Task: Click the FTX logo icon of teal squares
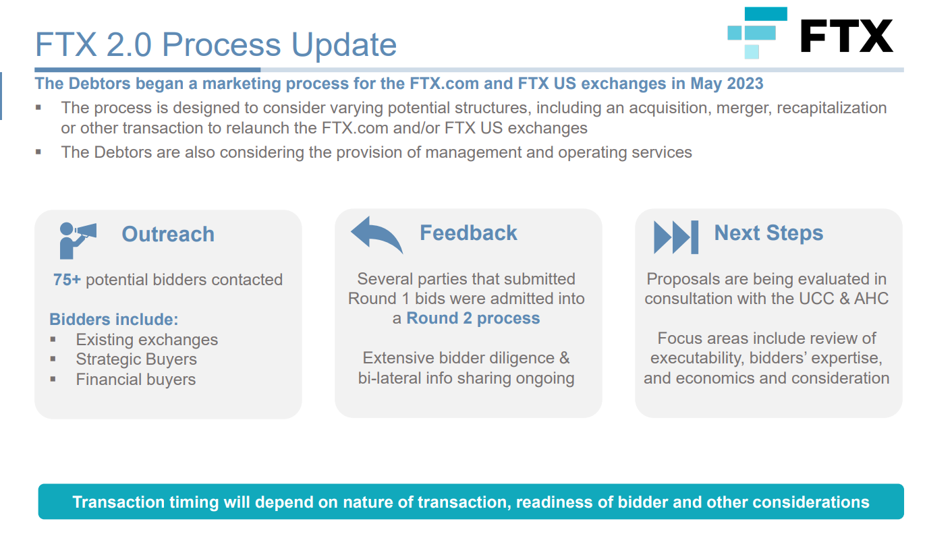[758, 33]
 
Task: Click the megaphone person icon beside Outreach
[78, 241]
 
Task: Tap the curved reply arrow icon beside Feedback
[376, 235]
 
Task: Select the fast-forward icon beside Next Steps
[676, 237]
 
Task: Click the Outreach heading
[168, 234]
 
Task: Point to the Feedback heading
[468, 233]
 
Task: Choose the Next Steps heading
[768, 233]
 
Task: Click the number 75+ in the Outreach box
[67, 280]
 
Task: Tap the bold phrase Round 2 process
[473, 318]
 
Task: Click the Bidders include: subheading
[114, 320]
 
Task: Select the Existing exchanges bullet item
[146, 340]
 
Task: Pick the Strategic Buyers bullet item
[136, 359]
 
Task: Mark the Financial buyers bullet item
[136, 379]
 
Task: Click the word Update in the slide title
[344, 44]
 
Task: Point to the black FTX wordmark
[847, 36]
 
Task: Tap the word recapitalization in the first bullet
[832, 108]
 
